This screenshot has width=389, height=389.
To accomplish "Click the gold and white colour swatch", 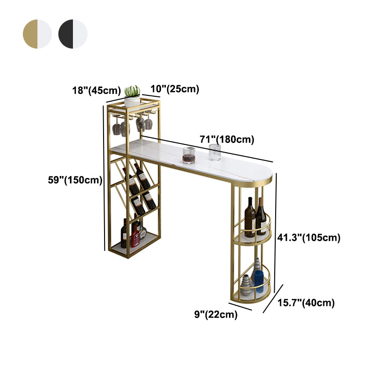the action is click(x=37, y=34).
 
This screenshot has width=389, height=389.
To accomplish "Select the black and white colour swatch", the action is click(x=73, y=34).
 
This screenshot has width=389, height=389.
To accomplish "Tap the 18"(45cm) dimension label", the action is click(x=96, y=90).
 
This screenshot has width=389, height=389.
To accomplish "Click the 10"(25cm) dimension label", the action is click(x=175, y=89).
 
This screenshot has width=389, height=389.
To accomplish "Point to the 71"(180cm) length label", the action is click(x=227, y=140).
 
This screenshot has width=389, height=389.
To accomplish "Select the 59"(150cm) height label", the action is click(x=75, y=180).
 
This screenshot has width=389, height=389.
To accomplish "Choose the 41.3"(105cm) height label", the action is click(x=309, y=237).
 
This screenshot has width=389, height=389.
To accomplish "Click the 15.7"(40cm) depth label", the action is click(x=306, y=302).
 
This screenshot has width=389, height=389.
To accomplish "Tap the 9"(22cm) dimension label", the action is click(x=216, y=314).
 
